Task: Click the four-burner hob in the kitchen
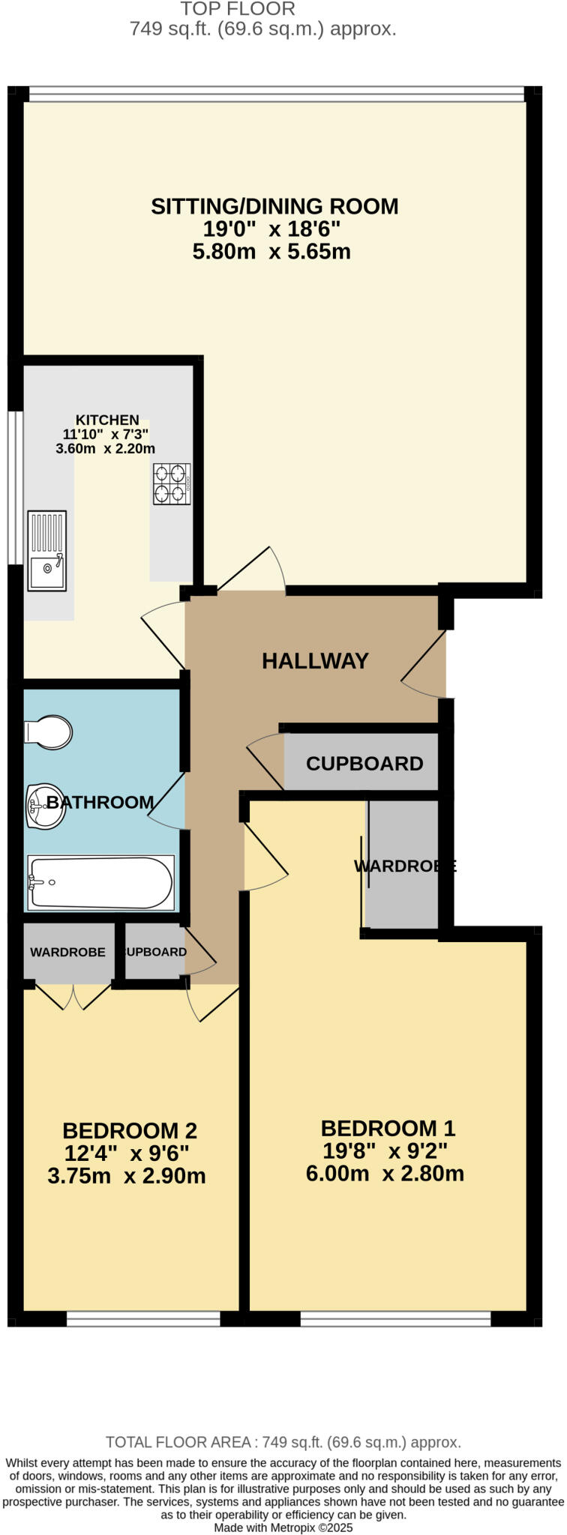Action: [x=172, y=484]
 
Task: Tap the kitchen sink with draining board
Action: [x=47, y=550]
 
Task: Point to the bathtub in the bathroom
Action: [x=100, y=883]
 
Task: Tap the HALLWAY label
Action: [x=315, y=661]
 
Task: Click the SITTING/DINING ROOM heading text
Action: [x=274, y=206]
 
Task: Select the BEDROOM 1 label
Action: [x=388, y=1128]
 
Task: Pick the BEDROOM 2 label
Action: [x=129, y=1130]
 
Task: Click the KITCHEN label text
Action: [x=107, y=420]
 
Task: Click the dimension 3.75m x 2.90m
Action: [x=126, y=1176]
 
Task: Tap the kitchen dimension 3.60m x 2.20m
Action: [x=105, y=449]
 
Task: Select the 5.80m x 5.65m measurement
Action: [x=271, y=251]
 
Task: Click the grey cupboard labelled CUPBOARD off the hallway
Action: [x=364, y=764]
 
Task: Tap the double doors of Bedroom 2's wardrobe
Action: [x=73, y=995]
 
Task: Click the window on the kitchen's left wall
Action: [x=14, y=487]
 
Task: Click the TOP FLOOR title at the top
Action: [x=238, y=10]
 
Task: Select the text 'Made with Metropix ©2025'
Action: [x=283, y=1528]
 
